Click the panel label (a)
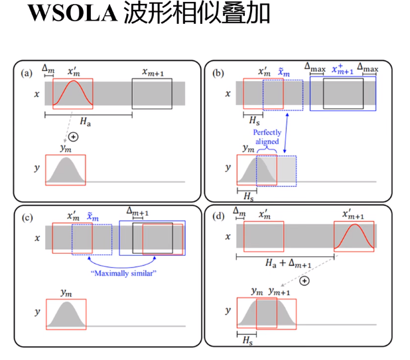pos(27,72)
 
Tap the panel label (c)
pos(27,217)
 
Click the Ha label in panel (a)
pos(84,123)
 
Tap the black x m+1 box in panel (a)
pos(152,94)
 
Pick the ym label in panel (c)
pos(66,292)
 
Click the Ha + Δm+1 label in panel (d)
pos(285,264)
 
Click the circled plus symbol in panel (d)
pos(305,281)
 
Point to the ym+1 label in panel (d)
pos(279,291)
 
